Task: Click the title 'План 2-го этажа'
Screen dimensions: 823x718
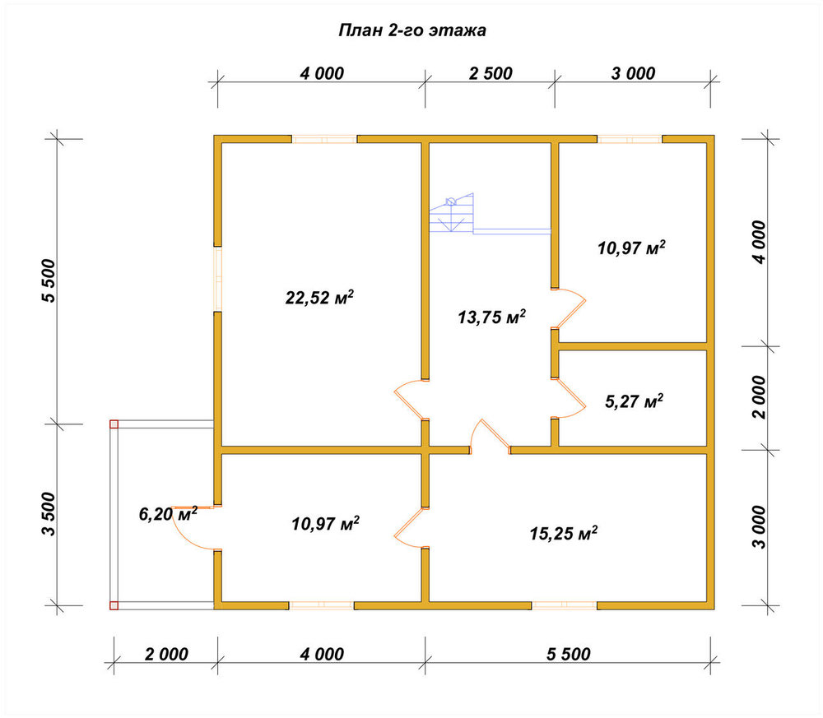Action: [x=412, y=30]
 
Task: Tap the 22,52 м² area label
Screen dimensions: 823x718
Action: [x=319, y=298]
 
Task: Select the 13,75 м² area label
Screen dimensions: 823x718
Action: [x=492, y=317]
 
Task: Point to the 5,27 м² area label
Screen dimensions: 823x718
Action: [x=634, y=401]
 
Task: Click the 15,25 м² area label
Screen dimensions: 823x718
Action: [x=563, y=534]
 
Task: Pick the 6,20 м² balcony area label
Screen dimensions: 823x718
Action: [x=168, y=513]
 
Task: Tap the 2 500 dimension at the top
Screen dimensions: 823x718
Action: [x=491, y=73]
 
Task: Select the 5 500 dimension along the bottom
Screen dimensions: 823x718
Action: [x=569, y=654]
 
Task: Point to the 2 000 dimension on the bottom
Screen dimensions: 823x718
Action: [x=166, y=654]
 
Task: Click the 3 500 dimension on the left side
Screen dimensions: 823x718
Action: [x=49, y=514]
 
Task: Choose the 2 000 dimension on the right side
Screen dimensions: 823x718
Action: [x=759, y=397]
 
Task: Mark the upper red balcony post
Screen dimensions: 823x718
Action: [x=114, y=424]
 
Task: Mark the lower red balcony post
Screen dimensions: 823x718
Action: [x=114, y=606]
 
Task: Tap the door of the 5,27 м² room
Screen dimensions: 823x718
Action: [x=570, y=398]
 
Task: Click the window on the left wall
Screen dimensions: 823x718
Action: [x=217, y=279]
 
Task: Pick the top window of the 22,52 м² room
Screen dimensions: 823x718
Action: [x=324, y=139]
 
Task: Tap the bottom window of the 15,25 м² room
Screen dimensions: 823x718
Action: [x=565, y=606]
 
